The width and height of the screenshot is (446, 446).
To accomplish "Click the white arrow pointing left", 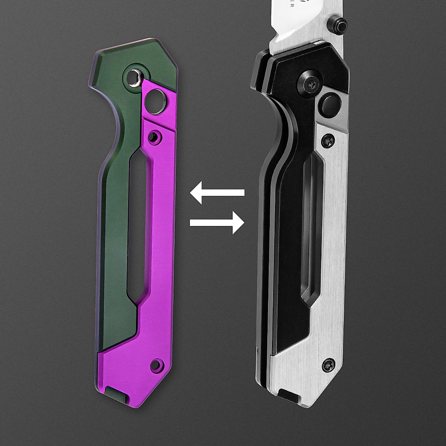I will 217,193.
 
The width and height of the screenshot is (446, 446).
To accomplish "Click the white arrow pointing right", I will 217,223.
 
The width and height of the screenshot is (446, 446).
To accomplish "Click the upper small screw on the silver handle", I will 328,140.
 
